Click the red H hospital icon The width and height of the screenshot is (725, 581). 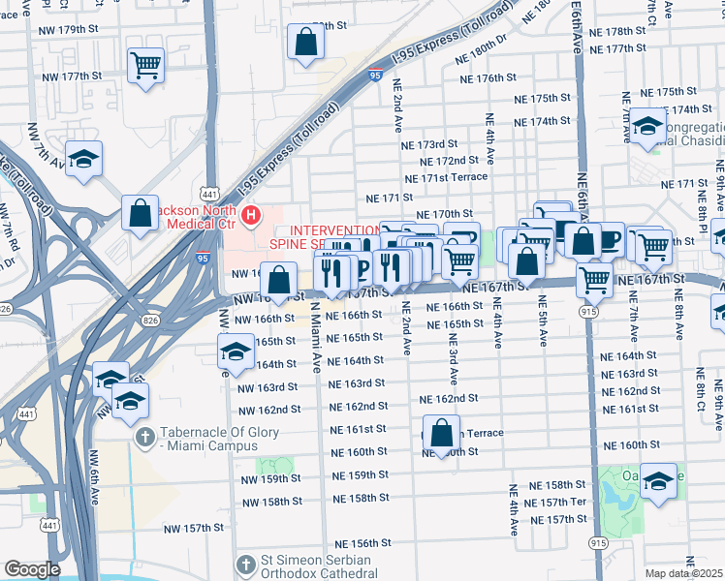coord(252,214)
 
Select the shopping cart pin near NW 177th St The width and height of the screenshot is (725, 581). coord(146,66)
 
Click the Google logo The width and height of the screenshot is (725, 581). coord(32,569)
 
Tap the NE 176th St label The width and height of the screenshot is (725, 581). coord(488,77)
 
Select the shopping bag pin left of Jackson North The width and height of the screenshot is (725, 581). coord(141,215)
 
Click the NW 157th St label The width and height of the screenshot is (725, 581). coord(193,528)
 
